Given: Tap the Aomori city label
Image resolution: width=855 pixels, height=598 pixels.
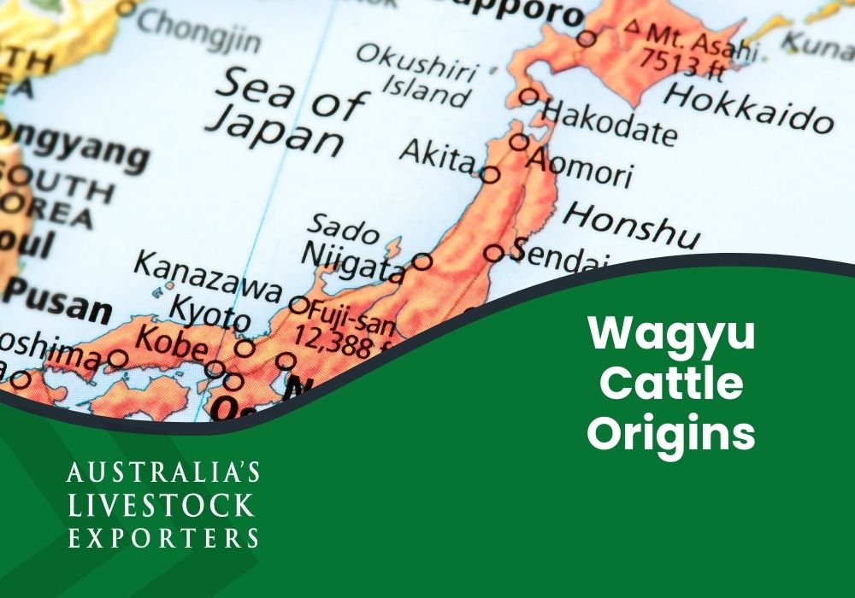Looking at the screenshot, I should pyautogui.click(x=581, y=167).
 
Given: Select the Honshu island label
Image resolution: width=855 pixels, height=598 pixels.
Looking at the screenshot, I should pyautogui.click(x=632, y=224).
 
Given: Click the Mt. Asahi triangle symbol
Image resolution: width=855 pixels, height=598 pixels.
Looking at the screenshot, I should pyautogui.click(x=633, y=26).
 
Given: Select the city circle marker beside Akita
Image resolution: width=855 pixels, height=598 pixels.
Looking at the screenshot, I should pyautogui.click(x=490, y=175).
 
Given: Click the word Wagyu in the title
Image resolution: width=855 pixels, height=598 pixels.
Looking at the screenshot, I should pyautogui.click(x=671, y=335).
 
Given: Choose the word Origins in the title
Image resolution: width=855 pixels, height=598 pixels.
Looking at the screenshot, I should pyautogui.click(x=671, y=433).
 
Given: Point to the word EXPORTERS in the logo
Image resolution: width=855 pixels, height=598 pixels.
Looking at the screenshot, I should pyautogui.click(x=162, y=537).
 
